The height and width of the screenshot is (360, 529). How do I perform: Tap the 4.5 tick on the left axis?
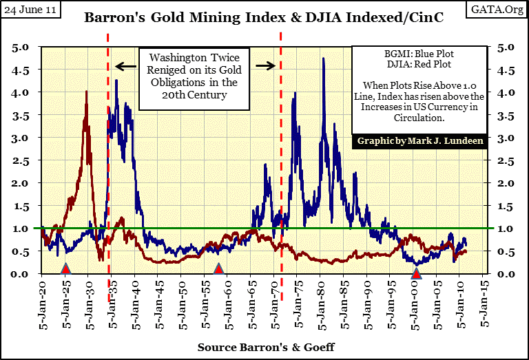point(22,70)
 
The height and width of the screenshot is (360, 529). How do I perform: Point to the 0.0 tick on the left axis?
point(22,274)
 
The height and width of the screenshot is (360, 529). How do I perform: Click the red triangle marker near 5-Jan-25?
point(66,268)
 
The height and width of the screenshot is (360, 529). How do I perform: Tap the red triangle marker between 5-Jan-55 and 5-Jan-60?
point(218,268)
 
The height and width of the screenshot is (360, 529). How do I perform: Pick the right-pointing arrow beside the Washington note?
point(265,66)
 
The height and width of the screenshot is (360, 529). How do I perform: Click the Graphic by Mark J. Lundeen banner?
point(419,141)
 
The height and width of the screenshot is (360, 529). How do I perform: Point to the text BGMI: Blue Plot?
point(419,52)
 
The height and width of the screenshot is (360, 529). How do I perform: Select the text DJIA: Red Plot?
point(419,63)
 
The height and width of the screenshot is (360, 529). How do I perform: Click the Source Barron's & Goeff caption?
point(266,347)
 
